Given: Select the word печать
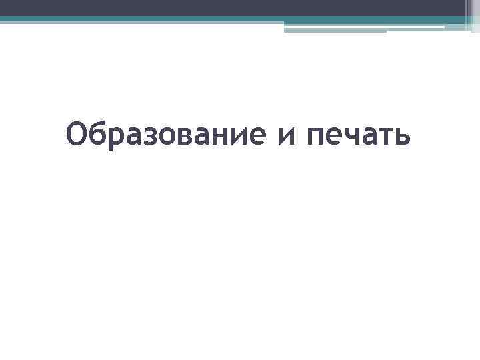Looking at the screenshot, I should click(x=359, y=136).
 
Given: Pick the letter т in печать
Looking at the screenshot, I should click(x=383, y=139).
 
